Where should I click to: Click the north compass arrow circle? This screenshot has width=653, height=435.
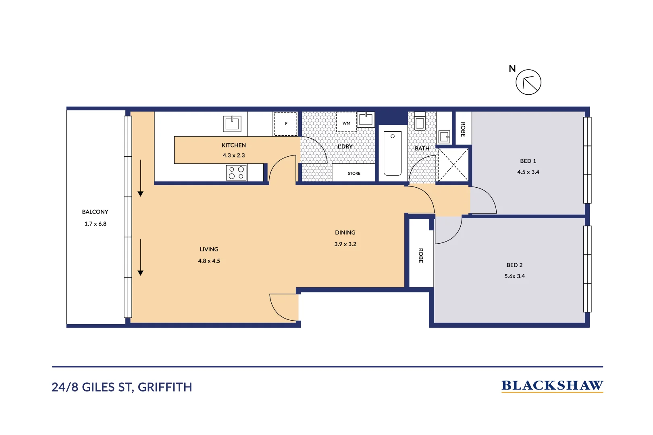click(x=528, y=82)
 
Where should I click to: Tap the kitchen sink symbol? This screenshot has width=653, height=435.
click(x=232, y=124)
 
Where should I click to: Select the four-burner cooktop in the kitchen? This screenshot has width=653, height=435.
click(x=236, y=173)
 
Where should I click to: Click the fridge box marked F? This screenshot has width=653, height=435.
click(x=286, y=124)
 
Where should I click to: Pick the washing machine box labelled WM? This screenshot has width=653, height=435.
click(x=346, y=122)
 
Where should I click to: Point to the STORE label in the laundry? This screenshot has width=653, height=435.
click(x=354, y=174)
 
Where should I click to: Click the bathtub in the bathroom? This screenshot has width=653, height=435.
click(x=392, y=153)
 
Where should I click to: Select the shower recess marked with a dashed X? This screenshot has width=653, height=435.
click(x=453, y=165)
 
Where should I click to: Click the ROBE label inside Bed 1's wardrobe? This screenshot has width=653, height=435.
click(x=463, y=129)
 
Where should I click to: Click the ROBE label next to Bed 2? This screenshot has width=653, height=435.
click(x=421, y=255)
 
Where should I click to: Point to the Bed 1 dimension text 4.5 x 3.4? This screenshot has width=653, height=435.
click(x=528, y=172)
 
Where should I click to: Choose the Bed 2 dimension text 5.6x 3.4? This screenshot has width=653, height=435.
click(x=514, y=276)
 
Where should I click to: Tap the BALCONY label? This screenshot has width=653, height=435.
click(x=95, y=212)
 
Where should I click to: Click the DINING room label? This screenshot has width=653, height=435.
click(x=345, y=233)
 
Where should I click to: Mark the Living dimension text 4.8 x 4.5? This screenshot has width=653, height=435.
click(x=209, y=261)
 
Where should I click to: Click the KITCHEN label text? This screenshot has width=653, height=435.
click(x=234, y=145)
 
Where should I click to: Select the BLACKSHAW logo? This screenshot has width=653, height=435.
click(x=552, y=386)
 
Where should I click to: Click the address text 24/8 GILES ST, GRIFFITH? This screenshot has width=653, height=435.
click(x=122, y=387)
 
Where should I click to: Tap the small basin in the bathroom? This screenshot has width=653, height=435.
click(x=444, y=137)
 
